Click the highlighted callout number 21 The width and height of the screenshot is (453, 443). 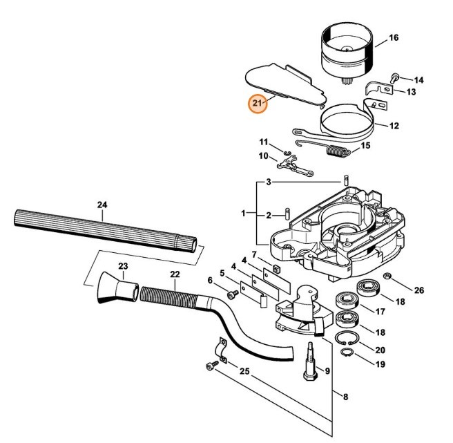(258, 104)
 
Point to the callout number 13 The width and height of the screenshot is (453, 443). (410, 92)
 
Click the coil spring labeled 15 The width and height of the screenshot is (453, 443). (338, 150)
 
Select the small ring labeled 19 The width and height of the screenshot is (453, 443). (349, 355)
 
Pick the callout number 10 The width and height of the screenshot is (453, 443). (263, 156)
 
